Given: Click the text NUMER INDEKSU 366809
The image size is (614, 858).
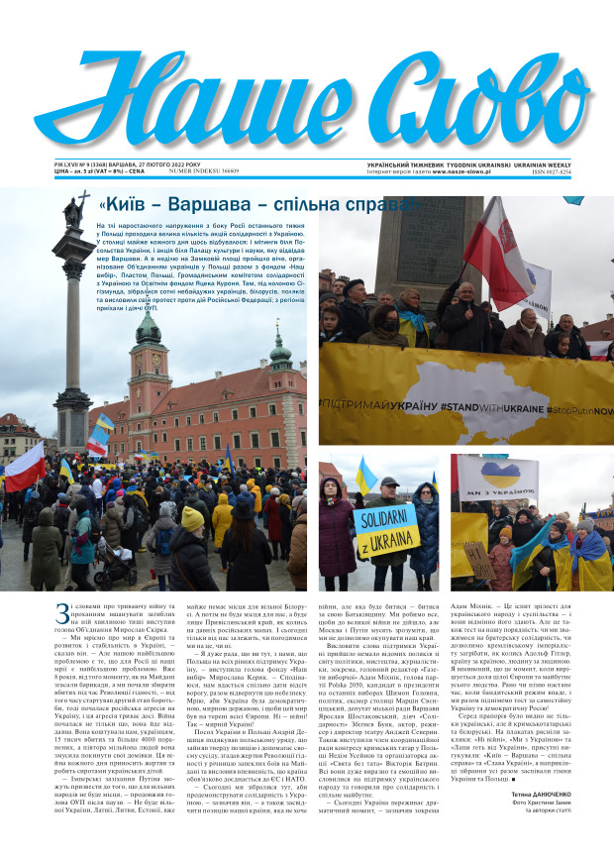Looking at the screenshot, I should pos(204,171).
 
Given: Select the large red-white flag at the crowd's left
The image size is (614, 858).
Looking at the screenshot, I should pos(24,467).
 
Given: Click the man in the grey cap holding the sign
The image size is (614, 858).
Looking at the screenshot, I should pos(389,495).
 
